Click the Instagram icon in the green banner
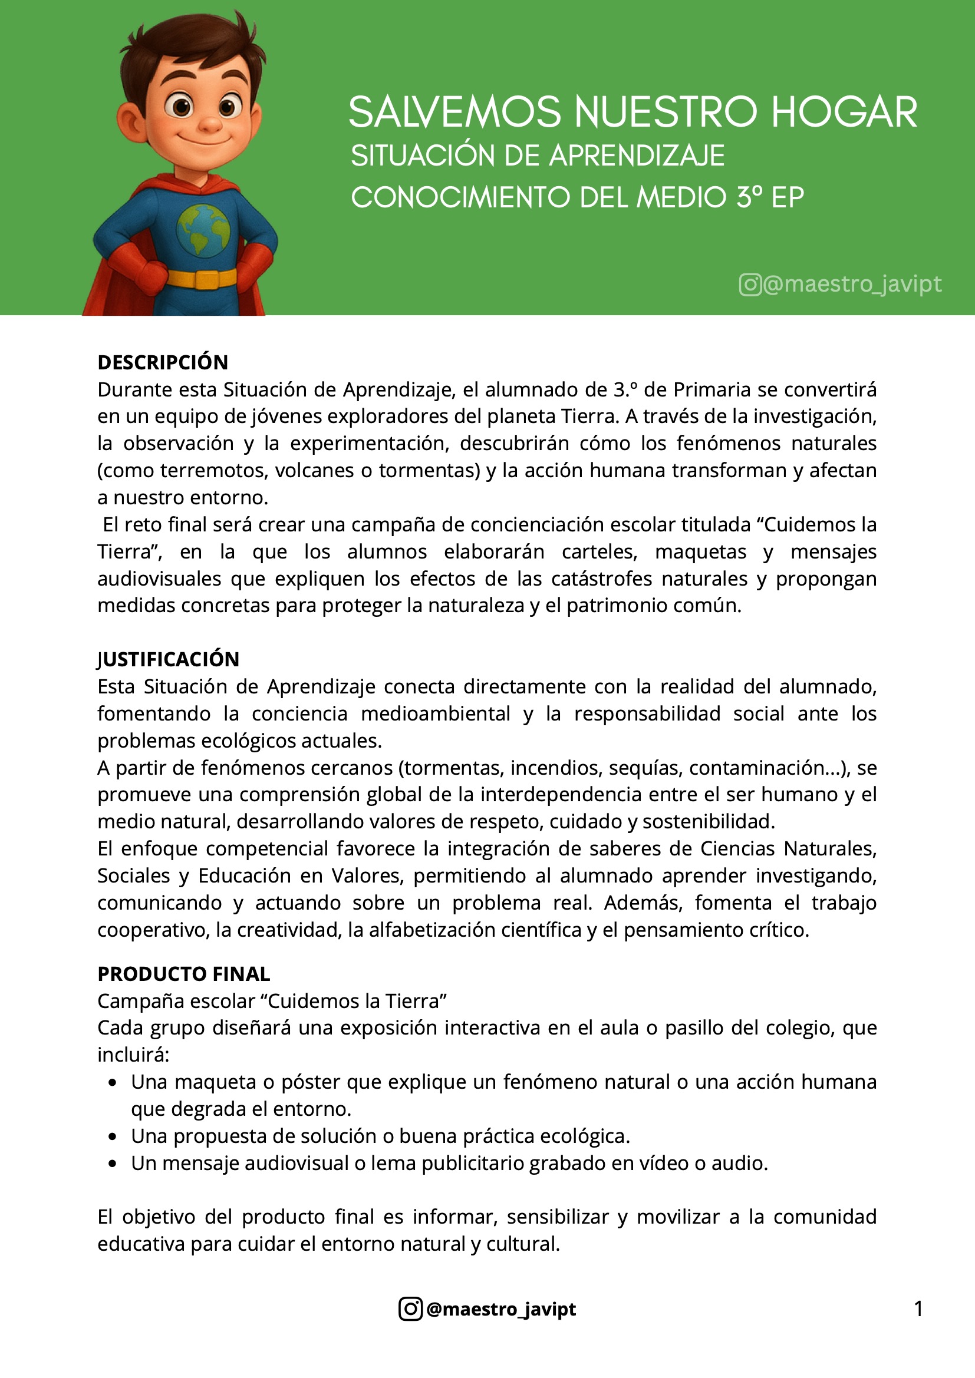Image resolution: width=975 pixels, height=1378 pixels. (750, 285)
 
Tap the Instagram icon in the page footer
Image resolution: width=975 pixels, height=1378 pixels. (411, 1308)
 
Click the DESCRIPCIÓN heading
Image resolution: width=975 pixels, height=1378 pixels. (163, 362)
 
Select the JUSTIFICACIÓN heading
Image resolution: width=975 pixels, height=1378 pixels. (168, 659)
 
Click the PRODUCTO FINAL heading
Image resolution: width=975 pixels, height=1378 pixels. (184, 973)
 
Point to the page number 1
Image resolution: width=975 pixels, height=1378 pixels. (918, 1308)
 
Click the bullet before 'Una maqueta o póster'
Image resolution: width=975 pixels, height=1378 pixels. (112, 1083)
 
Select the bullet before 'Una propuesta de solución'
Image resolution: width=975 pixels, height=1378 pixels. (112, 1136)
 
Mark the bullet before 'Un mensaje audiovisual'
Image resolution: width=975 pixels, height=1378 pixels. (112, 1164)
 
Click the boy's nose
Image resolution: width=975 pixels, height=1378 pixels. (209, 124)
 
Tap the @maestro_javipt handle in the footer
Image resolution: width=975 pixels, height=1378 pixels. (500, 1308)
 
